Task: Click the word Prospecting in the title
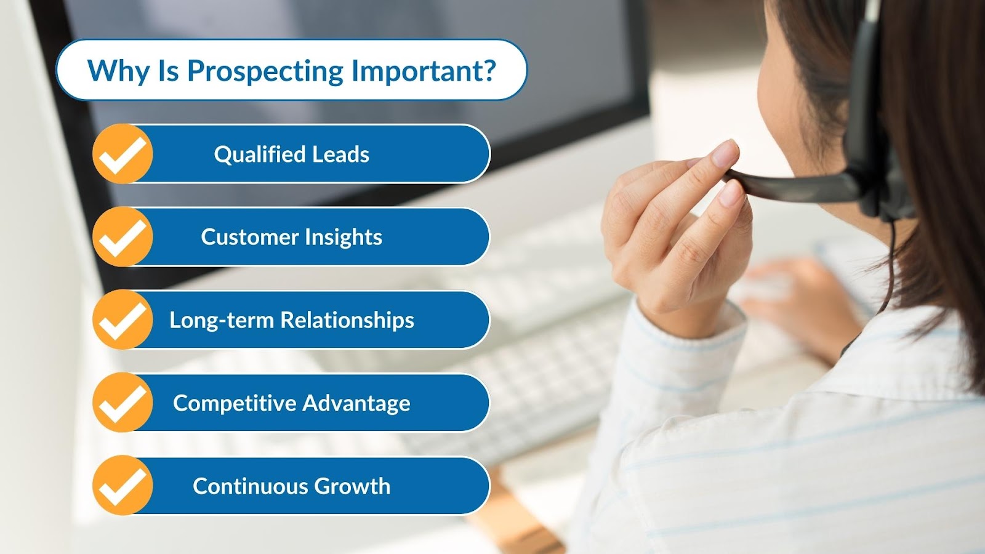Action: click(265, 71)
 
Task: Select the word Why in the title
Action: click(118, 71)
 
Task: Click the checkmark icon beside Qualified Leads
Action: click(123, 154)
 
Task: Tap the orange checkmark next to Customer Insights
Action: click(123, 237)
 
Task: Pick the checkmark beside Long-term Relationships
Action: click(123, 319)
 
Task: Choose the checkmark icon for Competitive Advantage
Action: click(123, 403)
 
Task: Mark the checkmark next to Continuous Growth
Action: click(123, 486)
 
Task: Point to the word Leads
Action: click(340, 155)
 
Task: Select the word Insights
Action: click(344, 238)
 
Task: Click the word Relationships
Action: click(347, 320)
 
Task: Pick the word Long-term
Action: click(222, 320)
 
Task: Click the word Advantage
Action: click(356, 403)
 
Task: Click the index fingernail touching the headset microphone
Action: click(726, 153)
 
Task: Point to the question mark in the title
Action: click(489, 70)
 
